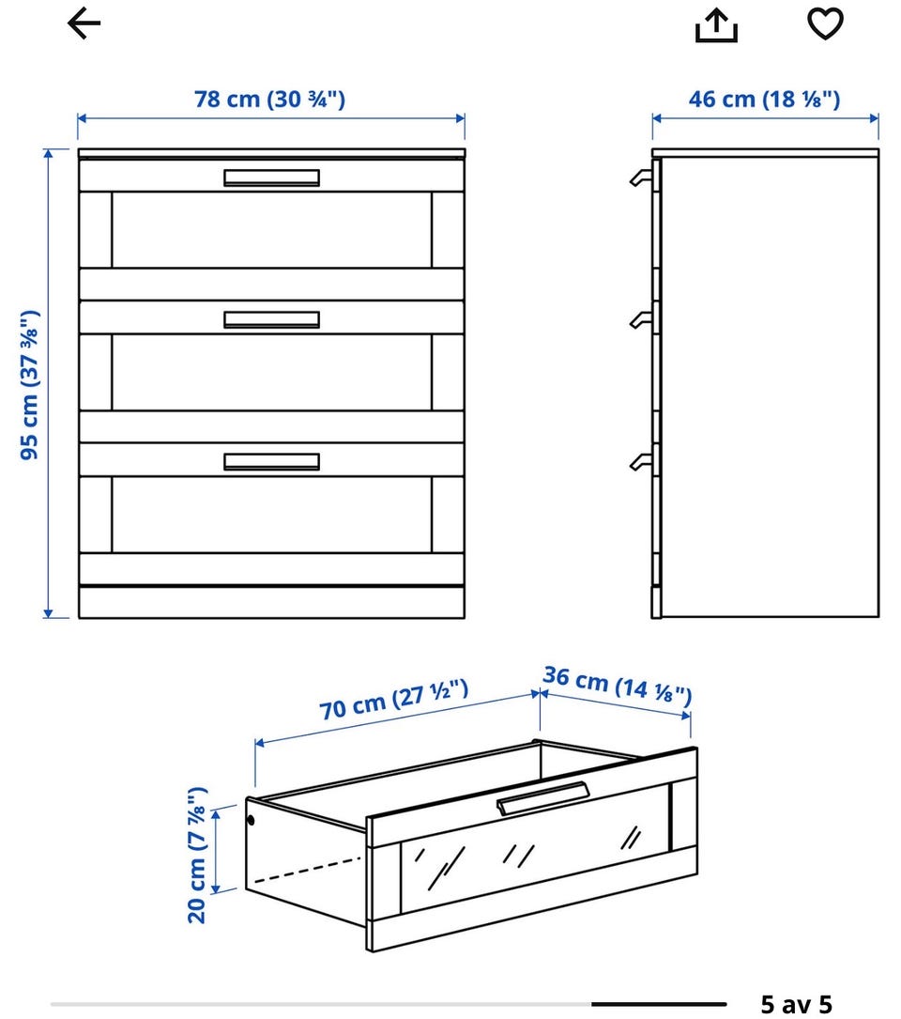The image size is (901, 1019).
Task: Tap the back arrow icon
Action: (84, 23)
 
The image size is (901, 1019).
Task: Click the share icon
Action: (716, 25)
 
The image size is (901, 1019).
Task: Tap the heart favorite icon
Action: (825, 23)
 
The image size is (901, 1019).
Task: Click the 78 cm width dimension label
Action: (269, 99)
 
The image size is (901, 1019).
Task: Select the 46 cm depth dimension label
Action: (765, 99)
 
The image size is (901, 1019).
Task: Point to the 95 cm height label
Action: (30, 385)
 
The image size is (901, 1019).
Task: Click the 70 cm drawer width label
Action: (393, 699)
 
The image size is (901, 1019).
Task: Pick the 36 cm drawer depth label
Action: (618, 685)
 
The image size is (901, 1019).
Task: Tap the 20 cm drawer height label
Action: (197, 855)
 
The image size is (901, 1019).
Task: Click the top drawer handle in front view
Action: (271, 178)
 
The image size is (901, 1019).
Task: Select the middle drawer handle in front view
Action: (271, 319)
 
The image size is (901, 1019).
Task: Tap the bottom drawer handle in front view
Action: (271, 461)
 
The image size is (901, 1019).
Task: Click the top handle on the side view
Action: (640, 178)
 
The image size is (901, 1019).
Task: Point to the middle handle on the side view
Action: (640, 319)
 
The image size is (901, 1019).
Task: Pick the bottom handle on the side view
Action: (640, 461)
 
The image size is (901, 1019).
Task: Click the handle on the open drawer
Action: (543, 797)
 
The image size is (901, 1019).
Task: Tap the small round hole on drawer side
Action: (252, 820)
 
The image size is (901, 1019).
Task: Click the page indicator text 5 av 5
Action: (797, 1004)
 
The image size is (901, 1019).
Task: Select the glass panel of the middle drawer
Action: (271, 372)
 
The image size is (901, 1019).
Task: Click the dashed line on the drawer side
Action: (307, 871)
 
